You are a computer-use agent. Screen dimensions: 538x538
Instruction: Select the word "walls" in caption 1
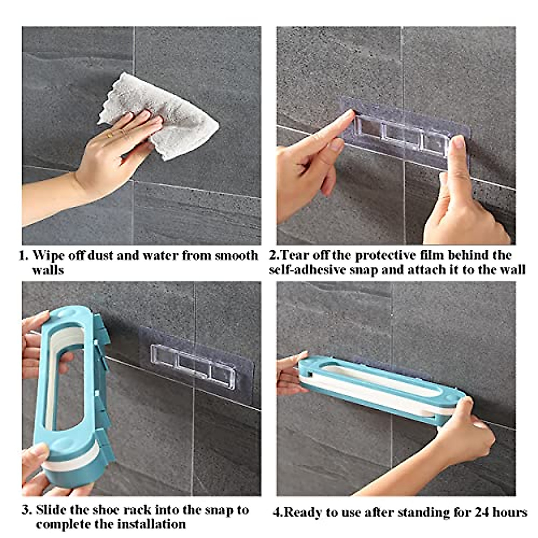coord(48,270)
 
